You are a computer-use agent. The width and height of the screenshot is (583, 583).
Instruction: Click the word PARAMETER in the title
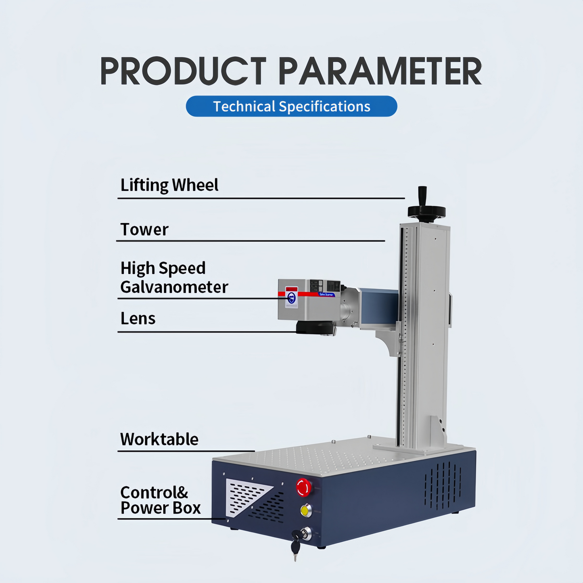point(380,71)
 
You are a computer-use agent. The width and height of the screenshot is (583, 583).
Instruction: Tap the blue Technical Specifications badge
point(291,107)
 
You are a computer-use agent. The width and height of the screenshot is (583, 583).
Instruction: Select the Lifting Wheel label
point(169,185)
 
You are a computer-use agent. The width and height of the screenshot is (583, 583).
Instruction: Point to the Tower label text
point(144,230)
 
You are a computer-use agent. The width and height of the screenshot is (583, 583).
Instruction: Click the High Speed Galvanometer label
point(174,278)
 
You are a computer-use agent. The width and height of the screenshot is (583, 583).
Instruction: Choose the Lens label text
point(138,319)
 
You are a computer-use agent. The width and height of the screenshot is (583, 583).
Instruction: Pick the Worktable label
point(159,439)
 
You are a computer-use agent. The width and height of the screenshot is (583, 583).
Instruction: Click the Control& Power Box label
point(160,500)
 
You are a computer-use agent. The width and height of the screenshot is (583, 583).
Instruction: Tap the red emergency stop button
point(304,487)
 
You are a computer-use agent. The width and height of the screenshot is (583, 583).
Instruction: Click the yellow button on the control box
point(306,510)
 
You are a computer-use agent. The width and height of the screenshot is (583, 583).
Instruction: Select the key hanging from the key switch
point(295,546)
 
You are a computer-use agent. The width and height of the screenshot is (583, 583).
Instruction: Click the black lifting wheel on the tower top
point(426,211)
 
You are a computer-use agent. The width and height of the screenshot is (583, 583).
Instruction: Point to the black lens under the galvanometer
point(316,328)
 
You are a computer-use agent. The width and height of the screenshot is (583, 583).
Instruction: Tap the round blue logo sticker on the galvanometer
point(292,298)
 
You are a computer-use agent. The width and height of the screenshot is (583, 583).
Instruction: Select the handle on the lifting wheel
point(422,195)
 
